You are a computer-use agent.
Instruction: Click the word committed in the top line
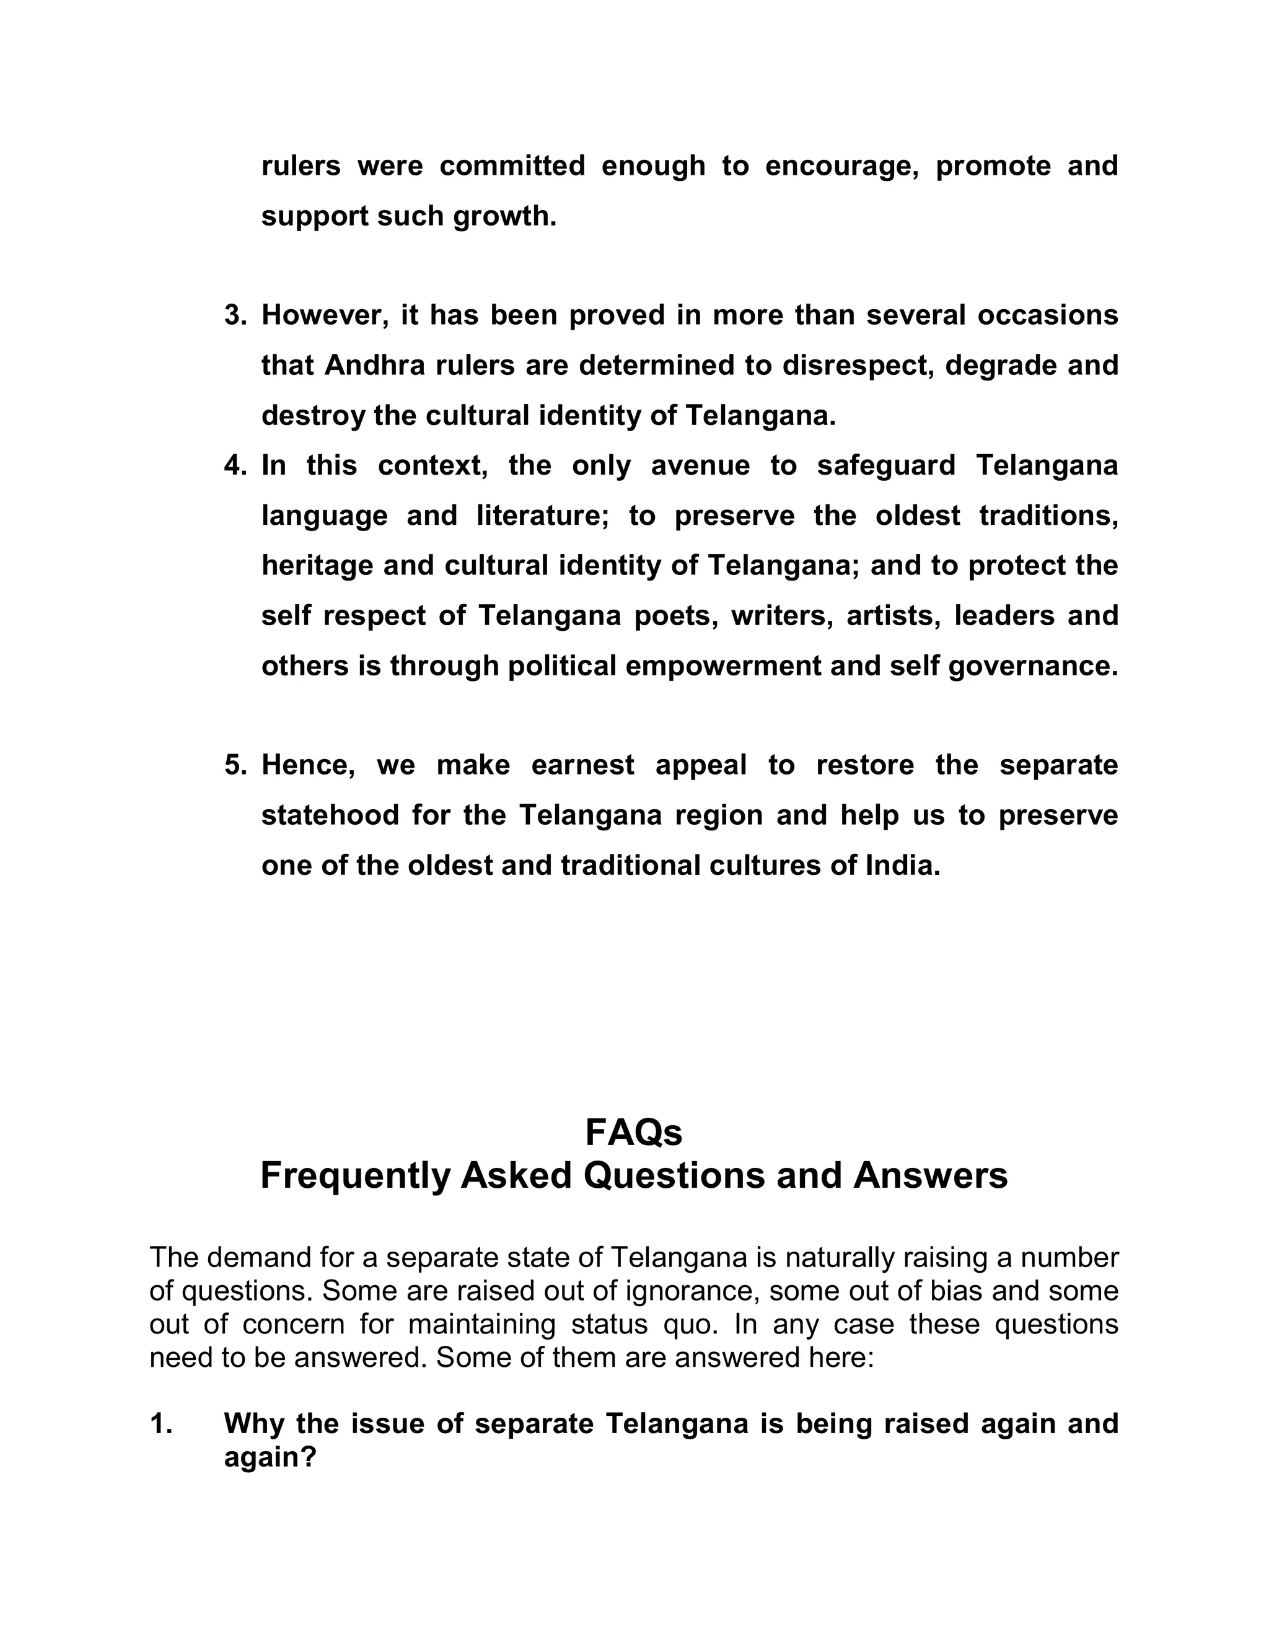[512, 166]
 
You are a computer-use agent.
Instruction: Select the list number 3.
[235, 316]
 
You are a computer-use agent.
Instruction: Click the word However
[325, 316]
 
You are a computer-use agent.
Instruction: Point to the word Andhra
[367, 366]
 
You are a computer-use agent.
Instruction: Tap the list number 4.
[235, 466]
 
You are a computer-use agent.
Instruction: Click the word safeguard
[885, 466]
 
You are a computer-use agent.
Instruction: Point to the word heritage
[318, 566]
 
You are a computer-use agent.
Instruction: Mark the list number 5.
[235, 766]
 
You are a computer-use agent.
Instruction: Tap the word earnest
[582, 766]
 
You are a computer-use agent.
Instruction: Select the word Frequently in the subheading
[354, 1177]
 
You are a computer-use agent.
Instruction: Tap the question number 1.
[161, 1424]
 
